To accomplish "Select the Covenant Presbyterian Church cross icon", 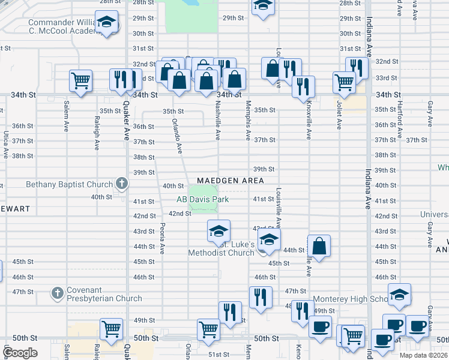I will [58, 293].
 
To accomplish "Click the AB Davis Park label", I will [202, 200].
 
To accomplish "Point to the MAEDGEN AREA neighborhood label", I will [231, 181].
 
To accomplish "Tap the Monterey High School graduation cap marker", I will [399, 295].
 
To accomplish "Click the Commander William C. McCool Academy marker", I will [107, 23].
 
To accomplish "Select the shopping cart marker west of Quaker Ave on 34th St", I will [80, 80].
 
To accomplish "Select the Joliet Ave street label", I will [339, 115].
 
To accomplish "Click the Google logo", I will [20, 352].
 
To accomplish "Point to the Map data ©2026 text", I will [423, 356].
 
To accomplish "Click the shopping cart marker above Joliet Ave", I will [344, 82].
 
